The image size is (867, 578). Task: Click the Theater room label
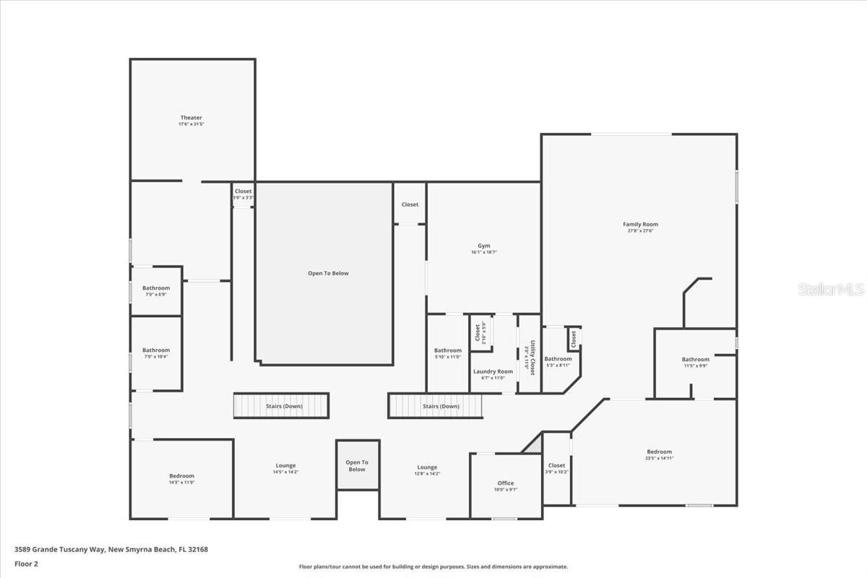191,118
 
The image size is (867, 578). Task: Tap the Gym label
483,246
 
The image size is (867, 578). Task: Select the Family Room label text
640,225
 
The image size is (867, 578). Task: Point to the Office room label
506,483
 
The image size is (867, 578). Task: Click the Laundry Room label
493,371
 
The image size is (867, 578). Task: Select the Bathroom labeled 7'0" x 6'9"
156,288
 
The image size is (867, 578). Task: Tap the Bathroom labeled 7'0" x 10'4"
156,350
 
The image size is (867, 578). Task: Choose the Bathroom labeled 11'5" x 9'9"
695,360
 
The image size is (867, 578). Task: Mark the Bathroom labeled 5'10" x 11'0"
447,350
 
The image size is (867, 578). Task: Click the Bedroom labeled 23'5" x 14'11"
659,452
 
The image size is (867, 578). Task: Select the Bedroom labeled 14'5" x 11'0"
181,476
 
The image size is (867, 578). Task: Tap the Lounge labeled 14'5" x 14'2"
285,466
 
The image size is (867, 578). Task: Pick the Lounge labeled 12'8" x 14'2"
426,467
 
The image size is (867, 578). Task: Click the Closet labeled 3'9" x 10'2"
556,466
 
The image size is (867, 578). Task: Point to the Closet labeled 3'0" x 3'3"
243,192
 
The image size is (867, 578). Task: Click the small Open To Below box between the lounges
357,466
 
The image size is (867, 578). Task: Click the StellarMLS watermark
831,290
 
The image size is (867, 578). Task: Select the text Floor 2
26,563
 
